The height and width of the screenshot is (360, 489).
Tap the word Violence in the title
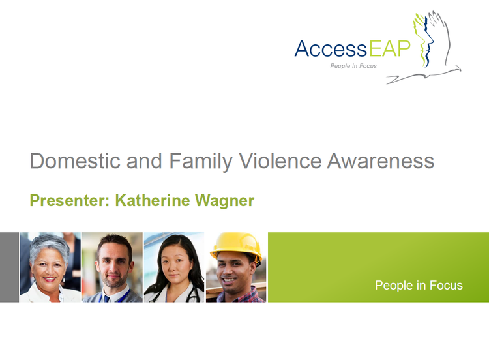coord(275,161)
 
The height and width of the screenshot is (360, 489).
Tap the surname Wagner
coord(225,200)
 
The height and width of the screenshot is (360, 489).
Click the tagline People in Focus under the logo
coord(353,66)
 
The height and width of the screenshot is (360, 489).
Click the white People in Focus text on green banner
coord(419,285)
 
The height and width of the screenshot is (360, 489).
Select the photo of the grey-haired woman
coord(50,267)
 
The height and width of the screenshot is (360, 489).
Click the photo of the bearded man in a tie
coord(112,267)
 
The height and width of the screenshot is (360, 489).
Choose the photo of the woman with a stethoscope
coord(173,267)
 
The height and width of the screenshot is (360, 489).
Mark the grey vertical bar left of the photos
coord(9,267)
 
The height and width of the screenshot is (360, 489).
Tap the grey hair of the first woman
coord(48,245)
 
